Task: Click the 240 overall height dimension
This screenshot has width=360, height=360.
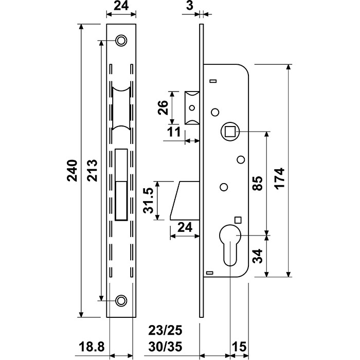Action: [72, 171]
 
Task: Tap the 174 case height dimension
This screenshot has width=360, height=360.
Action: [280, 177]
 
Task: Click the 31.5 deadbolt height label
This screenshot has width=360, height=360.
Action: [149, 201]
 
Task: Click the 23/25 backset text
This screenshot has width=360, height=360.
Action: [165, 330]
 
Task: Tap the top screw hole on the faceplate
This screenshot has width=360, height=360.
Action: [121, 40]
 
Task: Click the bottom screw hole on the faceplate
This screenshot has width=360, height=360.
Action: [121, 300]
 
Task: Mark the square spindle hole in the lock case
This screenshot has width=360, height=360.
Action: [229, 132]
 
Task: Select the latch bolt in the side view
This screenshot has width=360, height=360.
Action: [191, 108]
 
